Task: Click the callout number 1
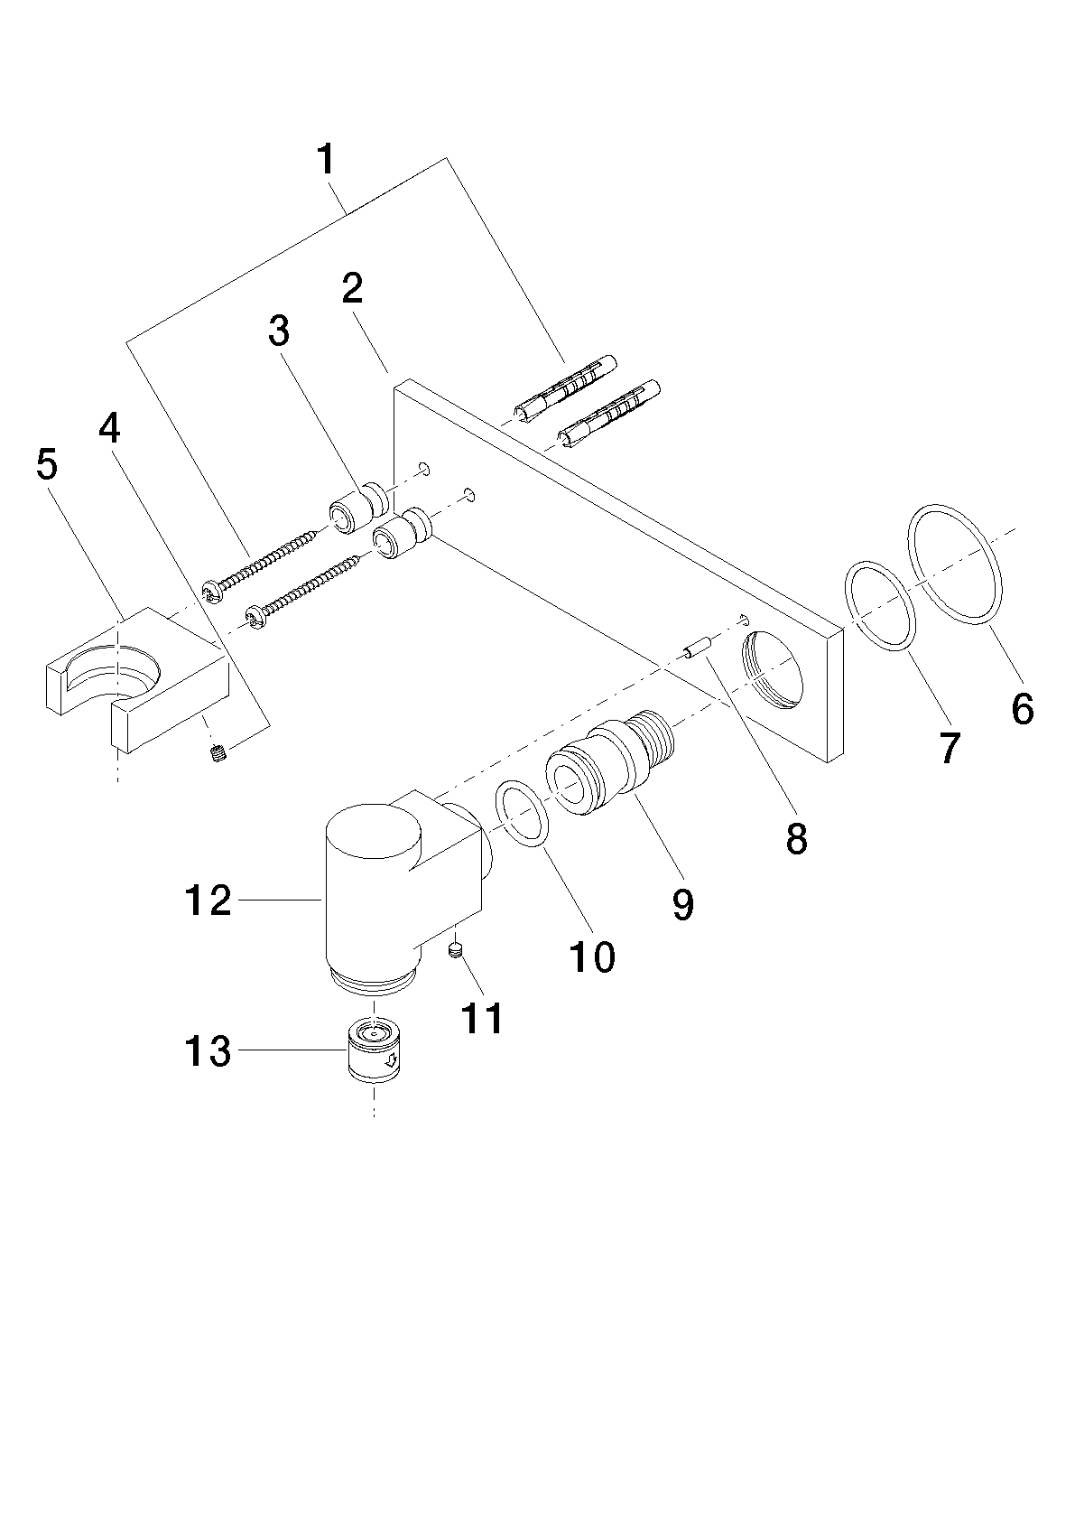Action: [x=327, y=160]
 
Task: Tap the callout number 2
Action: [x=352, y=289]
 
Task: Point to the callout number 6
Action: [x=1022, y=709]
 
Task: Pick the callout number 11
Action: [x=480, y=1018]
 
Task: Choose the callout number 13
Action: [x=208, y=1051]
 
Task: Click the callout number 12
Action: [x=208, y=901]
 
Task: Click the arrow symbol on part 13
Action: [x=390, y=1062]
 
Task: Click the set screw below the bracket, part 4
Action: [x=218, y=753]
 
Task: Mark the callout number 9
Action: [x=682, y=904]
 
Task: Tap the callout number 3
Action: [x=278, y=331]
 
